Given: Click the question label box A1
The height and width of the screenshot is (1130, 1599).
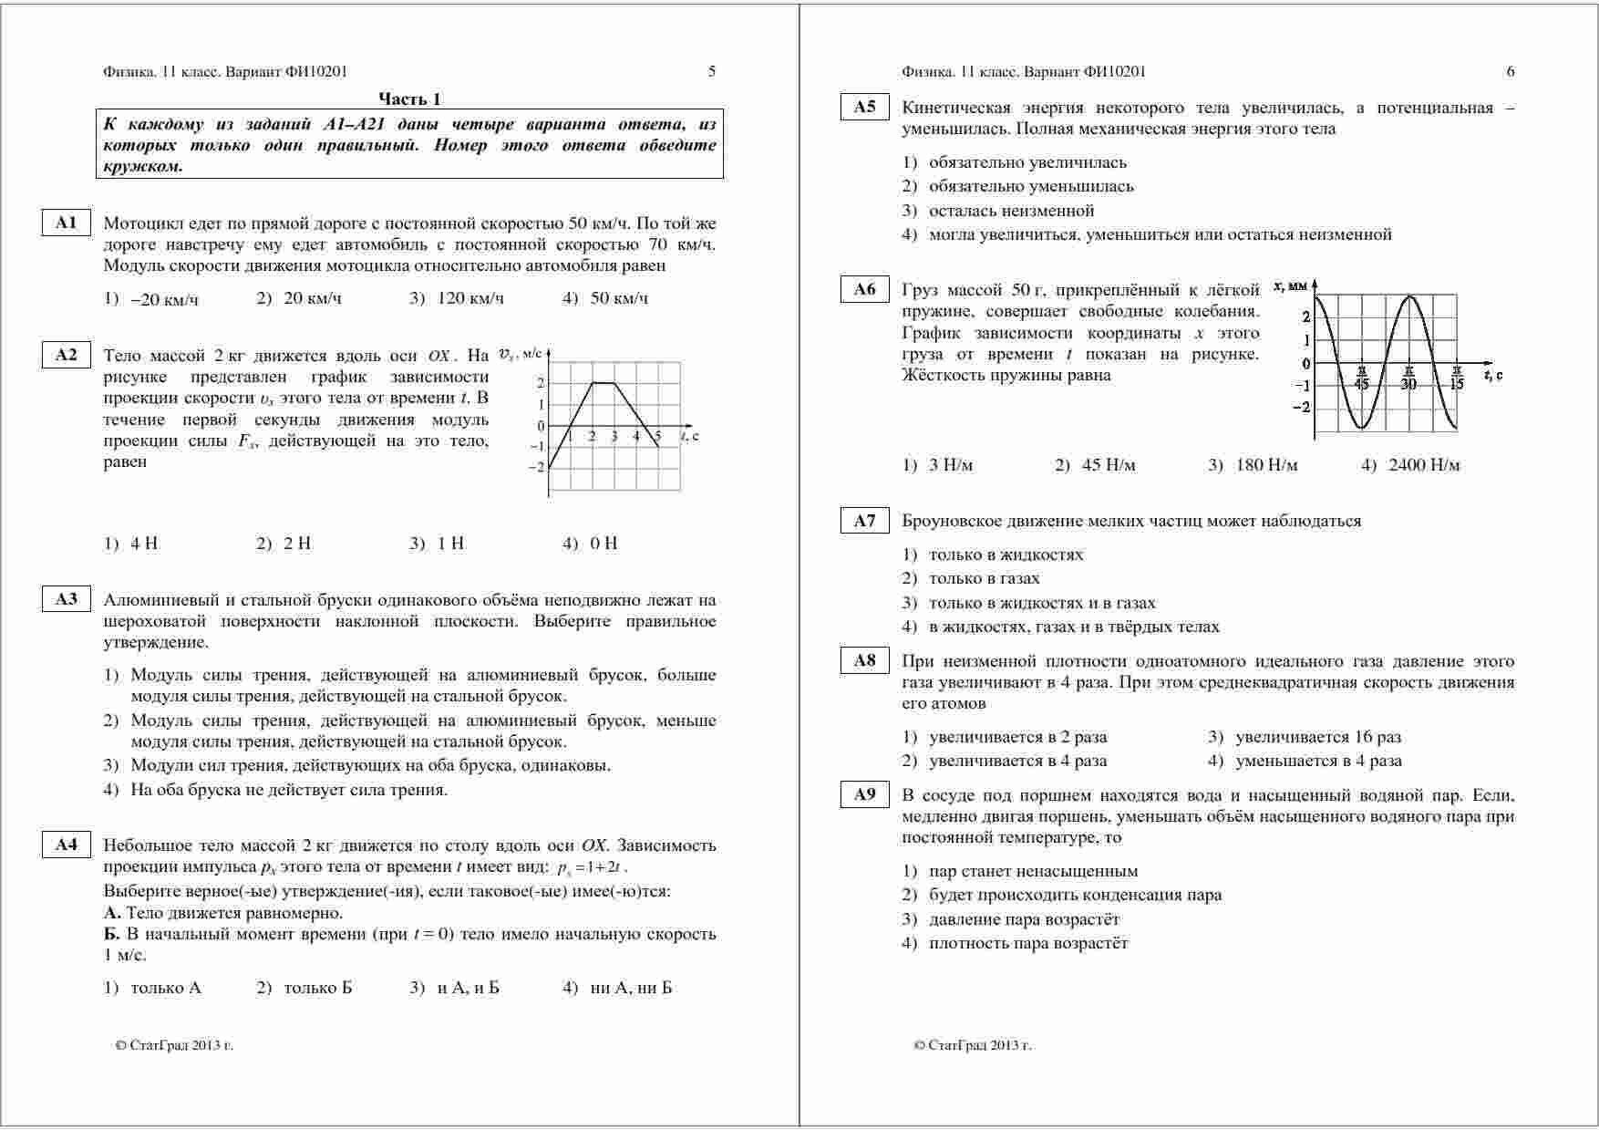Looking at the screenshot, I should [67, 223].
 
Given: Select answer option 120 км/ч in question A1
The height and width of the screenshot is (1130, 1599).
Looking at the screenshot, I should [469, 299].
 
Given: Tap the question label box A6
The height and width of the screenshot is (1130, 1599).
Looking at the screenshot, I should [864, 290].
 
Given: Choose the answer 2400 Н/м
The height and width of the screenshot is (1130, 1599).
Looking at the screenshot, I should [1423, 466].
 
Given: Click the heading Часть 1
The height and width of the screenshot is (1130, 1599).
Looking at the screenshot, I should [409, 99].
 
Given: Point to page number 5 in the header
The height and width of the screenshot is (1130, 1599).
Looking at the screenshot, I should [712, 71].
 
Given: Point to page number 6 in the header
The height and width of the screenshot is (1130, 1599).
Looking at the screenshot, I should [1511, 71].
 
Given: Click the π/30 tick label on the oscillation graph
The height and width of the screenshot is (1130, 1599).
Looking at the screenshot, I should [1408, 378].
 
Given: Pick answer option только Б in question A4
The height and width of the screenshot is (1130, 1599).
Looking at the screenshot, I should [317, 988].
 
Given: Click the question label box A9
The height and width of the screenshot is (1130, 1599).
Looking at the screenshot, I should [864, 794].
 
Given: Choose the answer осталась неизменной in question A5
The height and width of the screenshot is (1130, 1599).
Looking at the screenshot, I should [1011, 211].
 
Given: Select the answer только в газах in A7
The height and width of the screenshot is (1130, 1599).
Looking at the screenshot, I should [984, 578].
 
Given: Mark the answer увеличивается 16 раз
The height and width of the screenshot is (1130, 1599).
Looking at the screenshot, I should [1317, 737].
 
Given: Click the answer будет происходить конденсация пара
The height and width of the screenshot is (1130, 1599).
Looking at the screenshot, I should [1075, 895].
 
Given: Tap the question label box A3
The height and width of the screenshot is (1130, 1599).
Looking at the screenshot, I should [67, 599].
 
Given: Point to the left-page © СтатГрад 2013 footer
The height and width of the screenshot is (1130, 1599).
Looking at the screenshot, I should [174, 1045].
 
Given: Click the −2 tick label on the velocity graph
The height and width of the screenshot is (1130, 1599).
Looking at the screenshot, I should [539, 468].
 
